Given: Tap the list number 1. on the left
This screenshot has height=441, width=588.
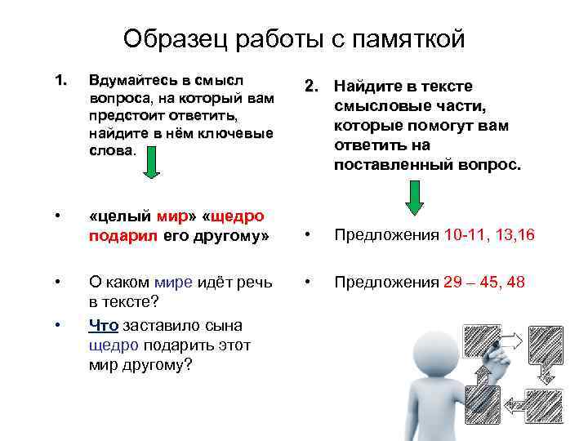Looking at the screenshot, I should click(x=59, y=80).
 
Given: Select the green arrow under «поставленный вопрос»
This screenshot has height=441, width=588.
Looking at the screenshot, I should click(x=415, y=197).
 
